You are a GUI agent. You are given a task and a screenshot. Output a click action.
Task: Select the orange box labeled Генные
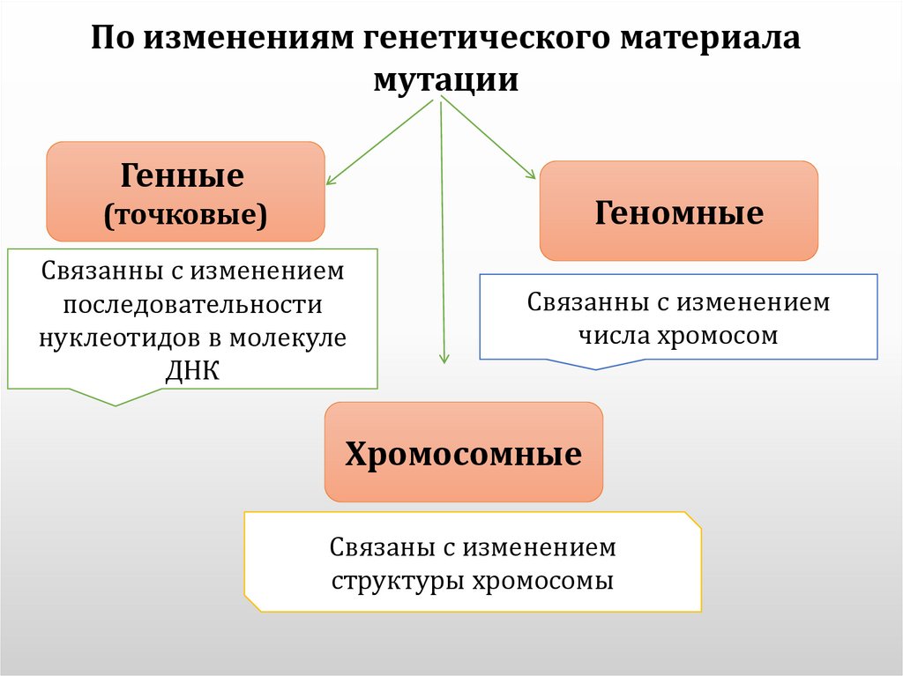pyautogui.click(x=185, y=191)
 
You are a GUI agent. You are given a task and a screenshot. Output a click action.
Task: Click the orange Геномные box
pyautogui.click(x=678, y=211)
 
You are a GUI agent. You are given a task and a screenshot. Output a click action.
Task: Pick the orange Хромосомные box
pyautogui.click(x=463, y=452)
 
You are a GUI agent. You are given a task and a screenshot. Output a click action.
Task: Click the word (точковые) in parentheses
pyautogui.click(x=185, y=214)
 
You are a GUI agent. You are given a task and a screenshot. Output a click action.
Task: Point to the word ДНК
pyautogui.click(x=192, y=370)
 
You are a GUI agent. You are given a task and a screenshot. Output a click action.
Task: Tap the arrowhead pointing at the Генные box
pyautogui.click(x=329, y=182)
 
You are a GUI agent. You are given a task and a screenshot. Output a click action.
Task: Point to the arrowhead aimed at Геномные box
pyautogui.click(x=532, y=176)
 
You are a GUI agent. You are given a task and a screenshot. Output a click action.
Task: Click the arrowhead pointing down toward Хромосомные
pyautogui.click(x=444, y=360)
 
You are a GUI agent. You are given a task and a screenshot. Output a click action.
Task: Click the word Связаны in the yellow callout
pyautogui.click(x=377, y=548)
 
